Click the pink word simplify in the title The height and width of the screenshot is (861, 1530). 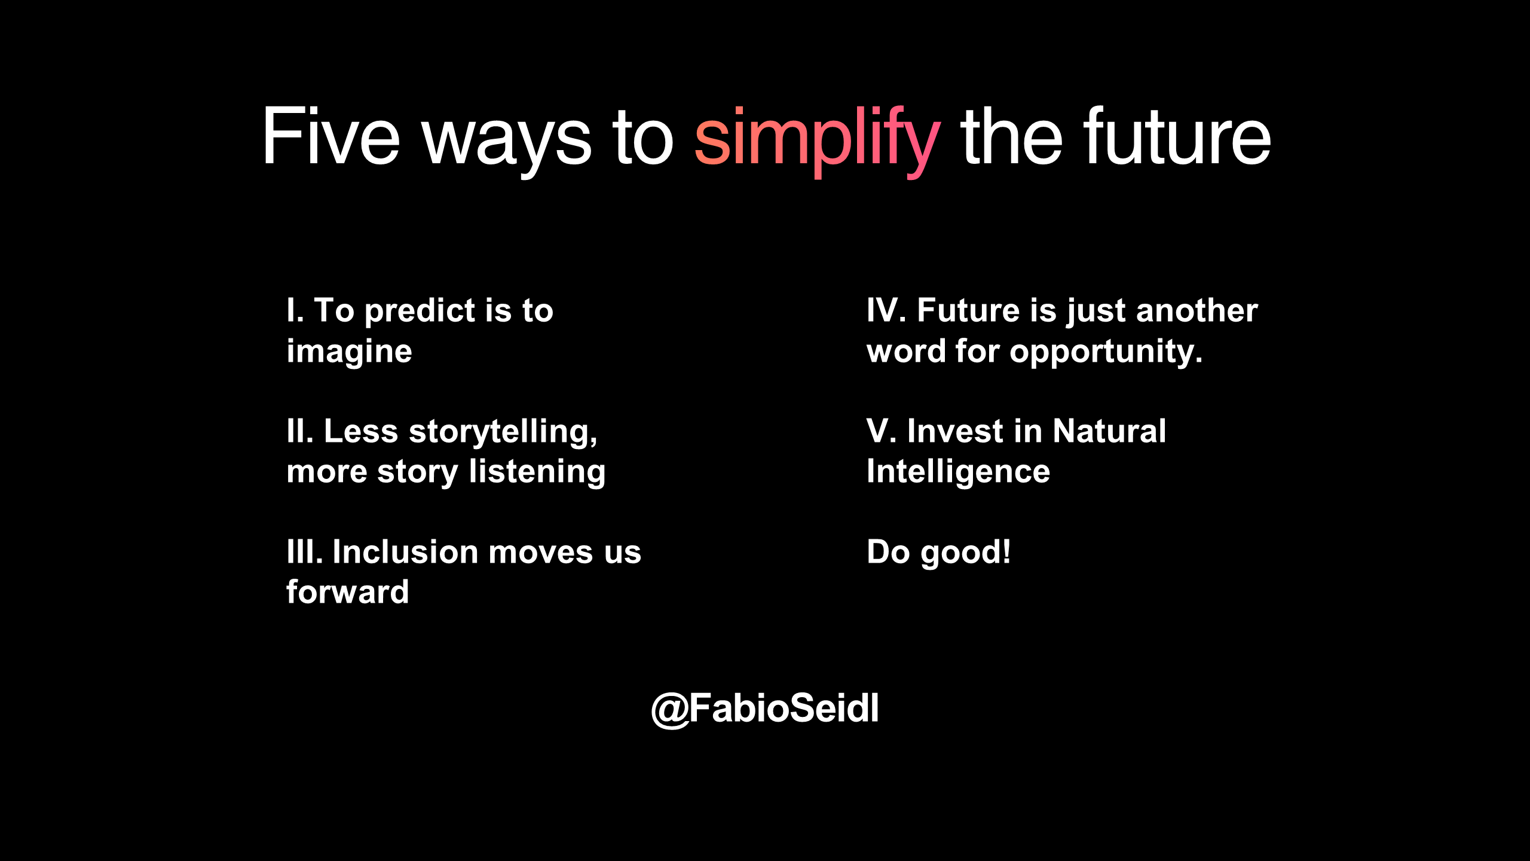[x=817, y=141]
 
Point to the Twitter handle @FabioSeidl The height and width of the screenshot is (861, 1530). [x=765, y=709]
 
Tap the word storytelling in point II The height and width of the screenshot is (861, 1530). [x=503, y=432]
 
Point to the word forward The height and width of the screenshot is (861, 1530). [x=347, y=592]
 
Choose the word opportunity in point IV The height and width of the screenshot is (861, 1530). [x=1106, y=352]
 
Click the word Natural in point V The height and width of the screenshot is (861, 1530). [x=1109, y=431]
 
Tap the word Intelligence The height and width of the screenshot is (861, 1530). [x=958, y=472]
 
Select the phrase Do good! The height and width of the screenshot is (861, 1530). [x=938, y=552]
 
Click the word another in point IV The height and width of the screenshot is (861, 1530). [x=1197, y=310]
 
